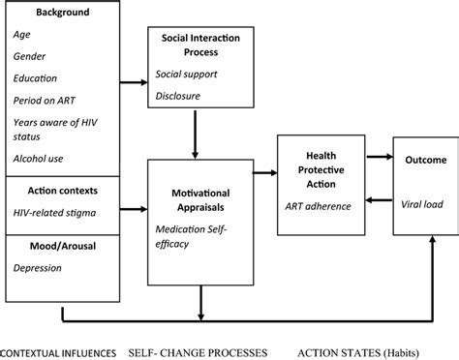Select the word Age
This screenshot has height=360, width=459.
(22, 35)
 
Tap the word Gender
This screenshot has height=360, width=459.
(30, 56)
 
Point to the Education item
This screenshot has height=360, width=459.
(36, 77)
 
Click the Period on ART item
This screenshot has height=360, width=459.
(46, 100)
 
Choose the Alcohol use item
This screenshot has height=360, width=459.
(40, 157)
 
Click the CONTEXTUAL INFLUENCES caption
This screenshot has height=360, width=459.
(59, 348)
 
